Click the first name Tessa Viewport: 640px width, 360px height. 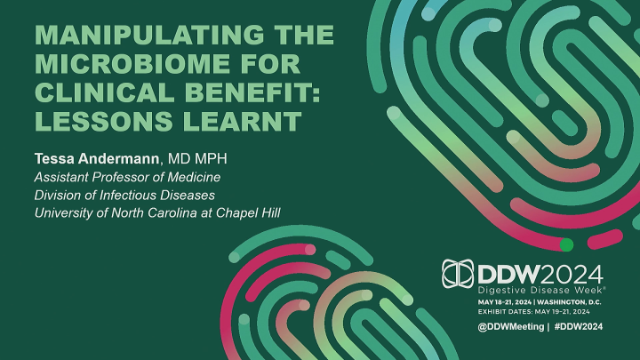[52, 160]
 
